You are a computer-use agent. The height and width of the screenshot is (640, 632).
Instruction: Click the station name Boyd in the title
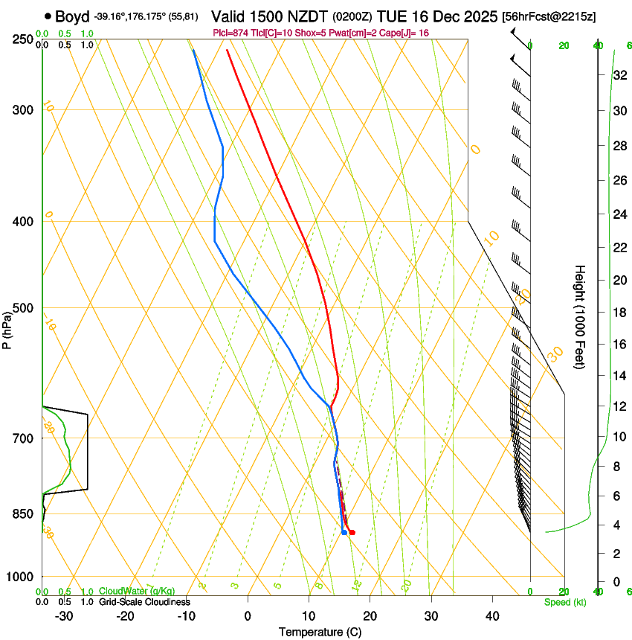pyautogui.click(x=72, y=16)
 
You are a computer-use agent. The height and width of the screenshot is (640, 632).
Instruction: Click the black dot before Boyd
pyautogui.click(x=48, y=16)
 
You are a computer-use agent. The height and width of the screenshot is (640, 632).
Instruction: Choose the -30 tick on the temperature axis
pyautogui.click(x=64, y=615)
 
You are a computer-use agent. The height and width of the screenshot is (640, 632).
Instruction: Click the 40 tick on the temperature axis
pyautogui.click(x=491, y=615)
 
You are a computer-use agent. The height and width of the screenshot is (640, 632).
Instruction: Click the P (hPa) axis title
pyautogui.click(x=7, y=327)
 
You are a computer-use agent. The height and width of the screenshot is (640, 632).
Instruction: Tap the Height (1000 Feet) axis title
pyautogui.click(x=580, y=316)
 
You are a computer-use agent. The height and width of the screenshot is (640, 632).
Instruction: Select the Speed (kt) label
pyautogui.click(x=564, y=602)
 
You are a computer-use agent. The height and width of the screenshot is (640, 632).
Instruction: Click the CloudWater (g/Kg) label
pyautogui.click(x=138, y=592)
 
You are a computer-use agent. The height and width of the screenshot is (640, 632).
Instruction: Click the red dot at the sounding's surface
pyautogui.click(x=352, y=532)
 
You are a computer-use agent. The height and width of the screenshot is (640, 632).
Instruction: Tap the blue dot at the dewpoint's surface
pyautogui.click(x=344, y=532)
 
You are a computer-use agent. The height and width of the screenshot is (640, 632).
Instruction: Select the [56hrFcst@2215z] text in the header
pyautogui.click(x=549, y=16)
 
